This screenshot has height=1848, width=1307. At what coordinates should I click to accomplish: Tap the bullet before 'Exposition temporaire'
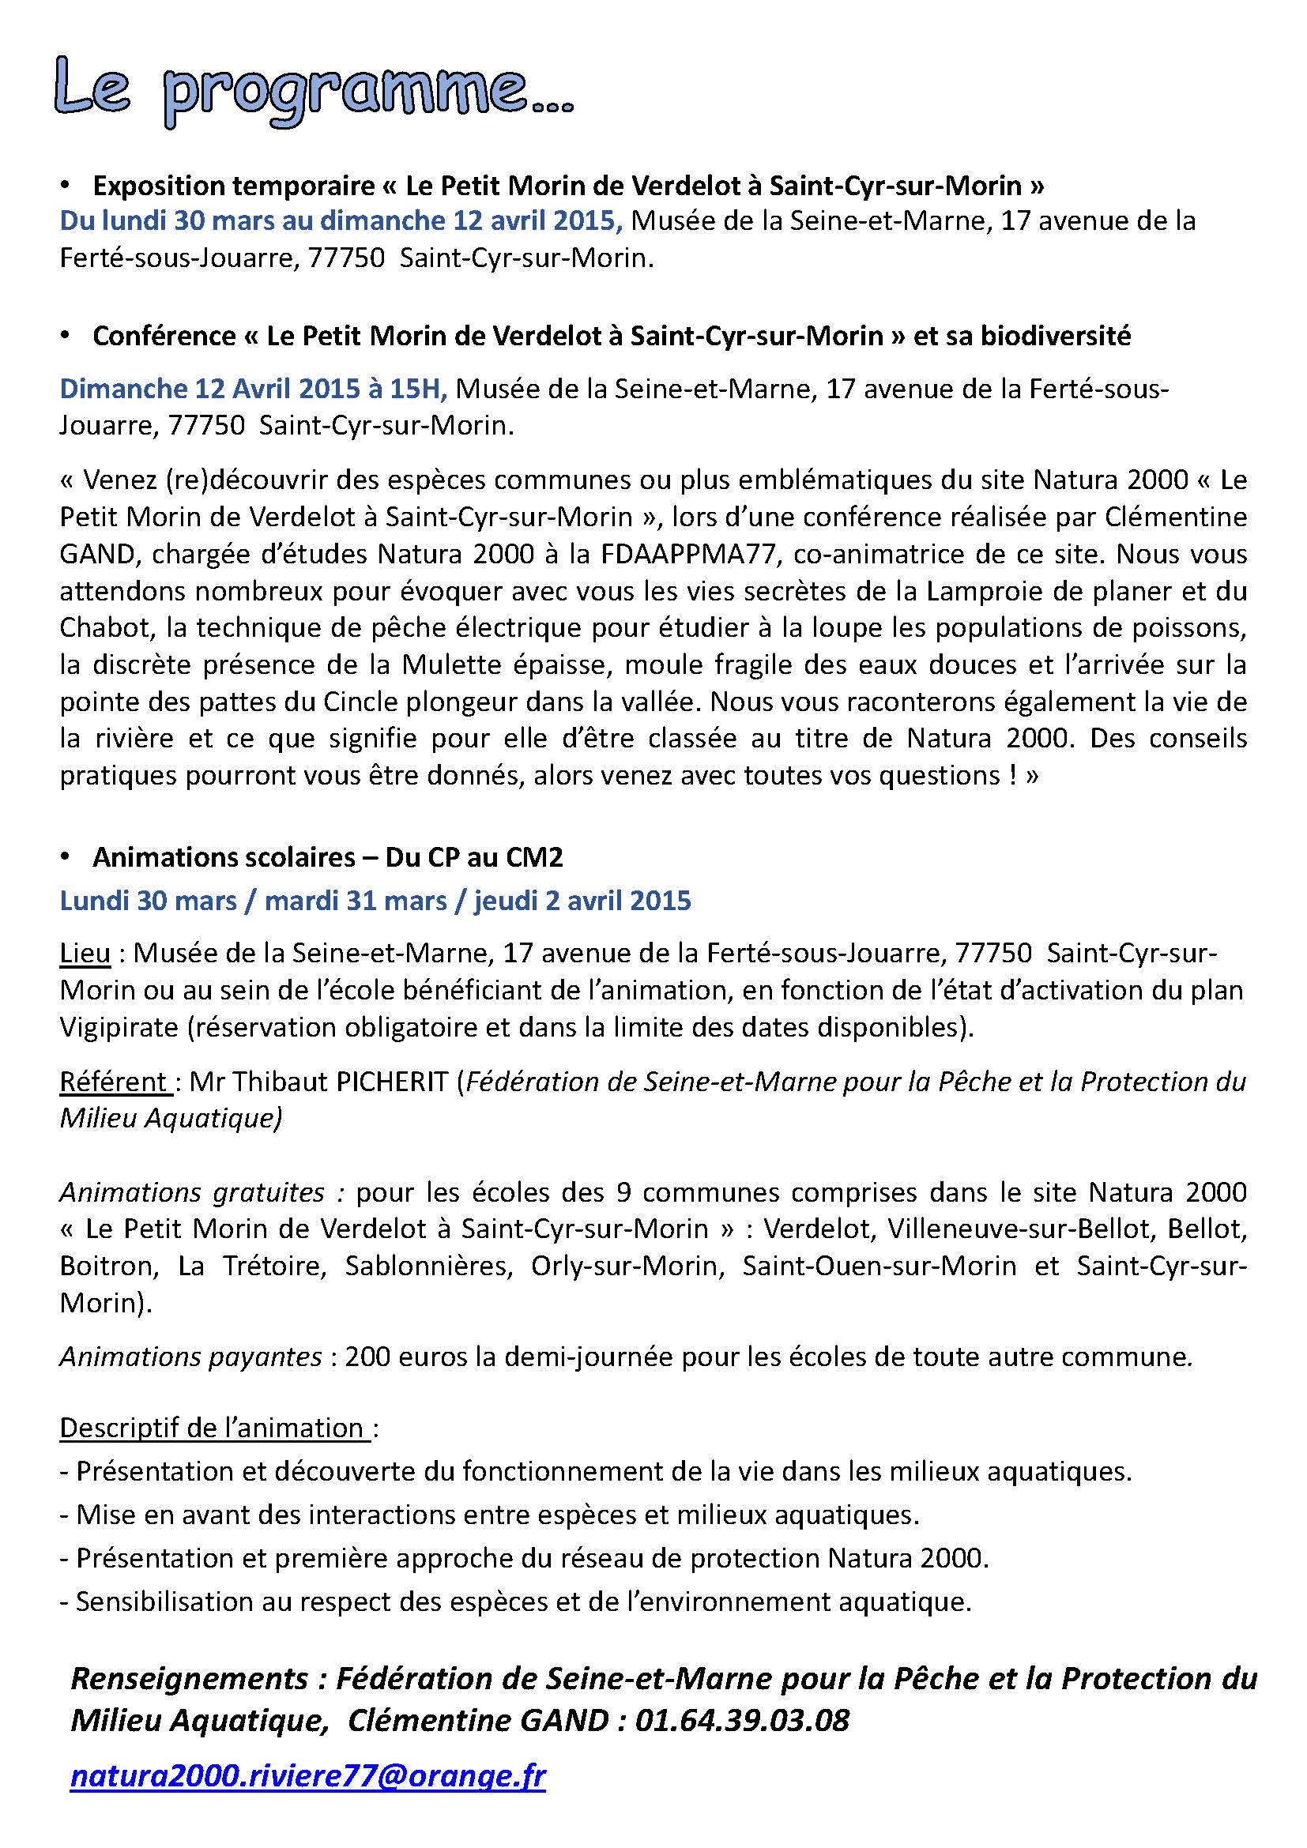tap(65, 185)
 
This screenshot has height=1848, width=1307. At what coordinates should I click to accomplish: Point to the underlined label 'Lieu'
tap(85, 953)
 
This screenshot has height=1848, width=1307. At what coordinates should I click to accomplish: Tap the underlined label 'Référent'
tap(114, 1082)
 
